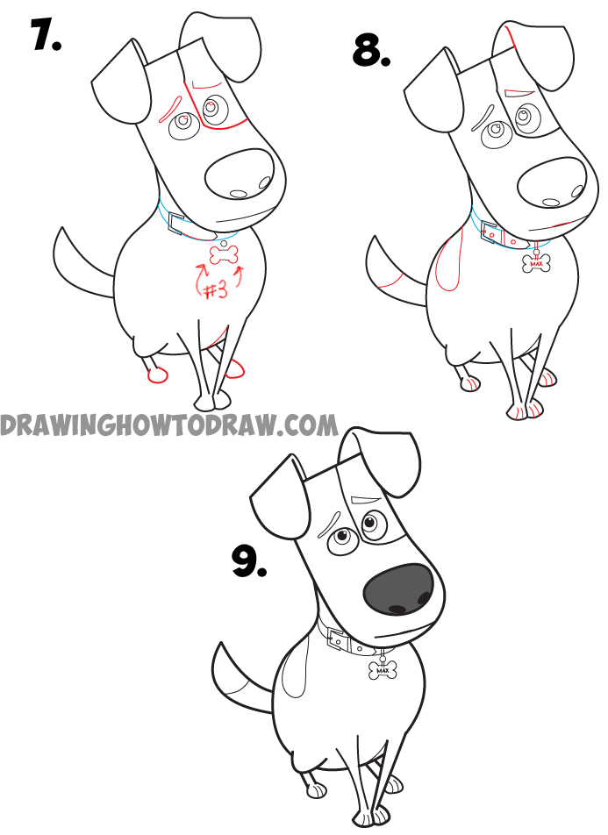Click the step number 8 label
[x=372, y=51]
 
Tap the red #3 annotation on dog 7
[x=216, y=290]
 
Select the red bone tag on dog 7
[x=223, y=256]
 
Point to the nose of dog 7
[x=240, y=175]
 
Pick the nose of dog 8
[x=552, y=181]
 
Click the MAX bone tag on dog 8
[x=534, y=262]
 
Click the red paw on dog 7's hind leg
[x=157, y=375]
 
